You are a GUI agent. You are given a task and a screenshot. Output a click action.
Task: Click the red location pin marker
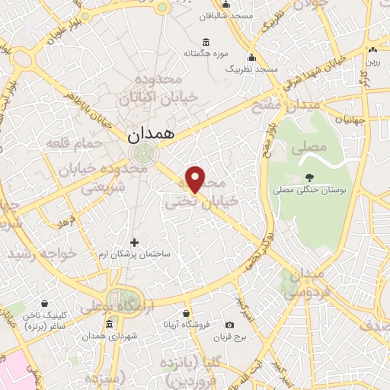point(196,179)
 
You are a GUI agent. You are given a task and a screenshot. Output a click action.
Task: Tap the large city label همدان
point(148,133)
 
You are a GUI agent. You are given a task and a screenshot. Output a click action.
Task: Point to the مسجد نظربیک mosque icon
point(251,57)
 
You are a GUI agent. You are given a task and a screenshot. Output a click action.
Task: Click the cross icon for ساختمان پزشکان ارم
point(134,242)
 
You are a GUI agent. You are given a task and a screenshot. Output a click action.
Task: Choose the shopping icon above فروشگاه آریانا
point(187,312)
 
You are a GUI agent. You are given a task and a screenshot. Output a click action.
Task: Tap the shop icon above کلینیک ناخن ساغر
point(45,302)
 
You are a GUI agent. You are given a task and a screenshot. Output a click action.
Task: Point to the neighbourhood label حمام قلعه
point(69,142)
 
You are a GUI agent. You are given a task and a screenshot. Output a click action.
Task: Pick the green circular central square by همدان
point(142,155)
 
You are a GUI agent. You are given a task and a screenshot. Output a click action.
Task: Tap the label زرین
point(373,60)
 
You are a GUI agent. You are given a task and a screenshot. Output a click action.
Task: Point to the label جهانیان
point(356,120)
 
